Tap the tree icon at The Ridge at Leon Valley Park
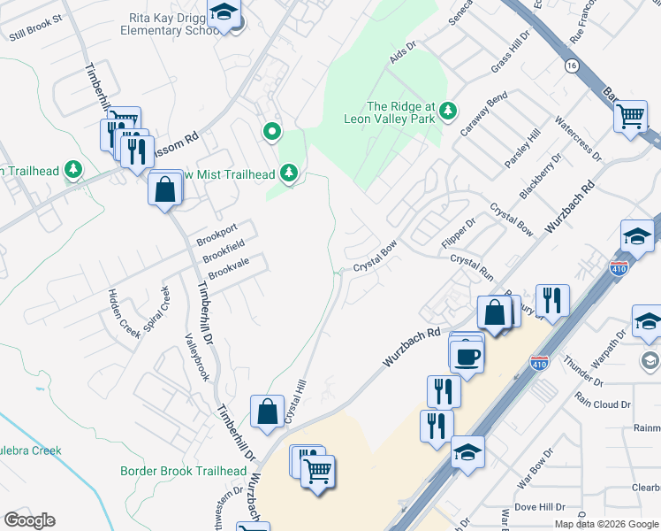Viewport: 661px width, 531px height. [x=449, y=110]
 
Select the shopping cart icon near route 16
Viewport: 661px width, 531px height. [x=631, y=115]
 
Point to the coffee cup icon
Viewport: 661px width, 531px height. [x=466, y=356]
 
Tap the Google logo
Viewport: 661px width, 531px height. [x=29, y=520]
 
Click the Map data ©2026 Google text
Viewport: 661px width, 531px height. [x=606, y=524]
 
